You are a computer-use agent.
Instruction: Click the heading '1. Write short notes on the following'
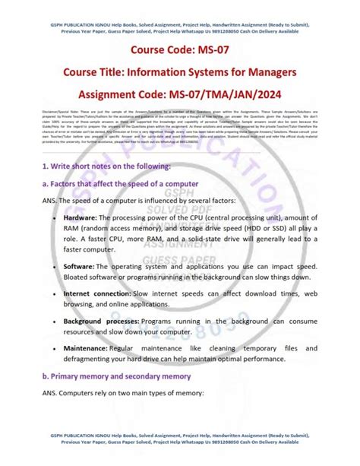[106, 166]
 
